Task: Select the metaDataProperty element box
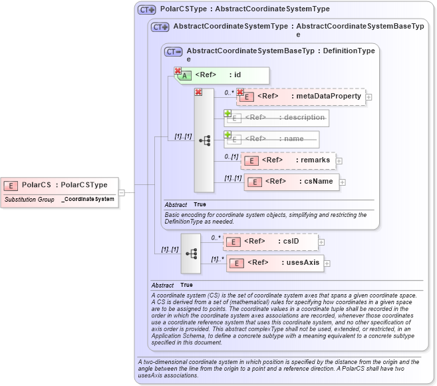tap(301, 96)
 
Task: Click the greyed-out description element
tap(277, 118)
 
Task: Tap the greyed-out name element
tap(272, 139)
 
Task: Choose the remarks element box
tap(288, 160)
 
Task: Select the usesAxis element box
tap(274, 263)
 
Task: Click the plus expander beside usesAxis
tap(327, 264)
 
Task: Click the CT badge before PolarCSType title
tap(146, 10)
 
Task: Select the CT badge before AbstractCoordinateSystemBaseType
tap(174, 51)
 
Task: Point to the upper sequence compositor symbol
tap(204, 140)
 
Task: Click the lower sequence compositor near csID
tap(191, 254)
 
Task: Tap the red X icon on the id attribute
tap(178, 71)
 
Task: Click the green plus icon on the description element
tap(227, 113)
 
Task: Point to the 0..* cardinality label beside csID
tap(216, 237)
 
